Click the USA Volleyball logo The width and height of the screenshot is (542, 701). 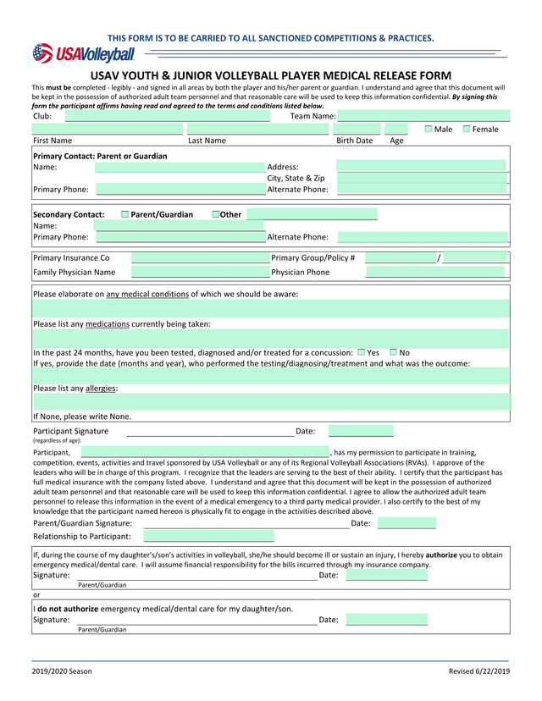[84, 54]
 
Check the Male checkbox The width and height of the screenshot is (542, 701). [429, 129]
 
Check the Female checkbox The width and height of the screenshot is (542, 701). [467, 129]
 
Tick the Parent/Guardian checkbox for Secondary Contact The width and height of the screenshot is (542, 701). [125, 214]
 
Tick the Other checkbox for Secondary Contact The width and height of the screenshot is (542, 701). [215, 214]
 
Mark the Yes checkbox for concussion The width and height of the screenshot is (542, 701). [362, 352]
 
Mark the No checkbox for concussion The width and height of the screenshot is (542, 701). [394, 352]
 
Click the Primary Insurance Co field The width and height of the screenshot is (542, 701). [200, 257]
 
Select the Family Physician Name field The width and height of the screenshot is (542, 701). [200, 273]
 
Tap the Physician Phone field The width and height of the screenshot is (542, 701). [434, 273]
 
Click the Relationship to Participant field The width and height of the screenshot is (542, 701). [208, 536]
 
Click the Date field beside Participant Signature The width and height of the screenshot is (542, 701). [361, 432]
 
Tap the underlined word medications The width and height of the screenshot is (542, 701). [108, 323]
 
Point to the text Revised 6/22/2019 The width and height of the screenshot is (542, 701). [479, 671]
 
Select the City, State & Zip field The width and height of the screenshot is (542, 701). [421, 178]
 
